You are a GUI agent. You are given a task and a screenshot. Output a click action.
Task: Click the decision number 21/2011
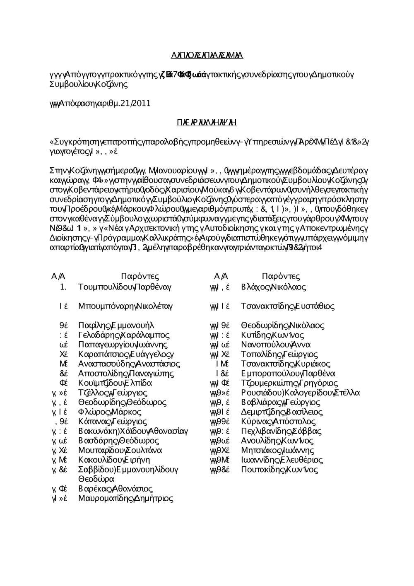[x=132, y=103]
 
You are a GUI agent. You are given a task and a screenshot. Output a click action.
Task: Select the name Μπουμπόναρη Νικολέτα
[x=125, y=306]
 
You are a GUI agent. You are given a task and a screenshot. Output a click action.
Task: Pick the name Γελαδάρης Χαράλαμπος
[x=124, y=335]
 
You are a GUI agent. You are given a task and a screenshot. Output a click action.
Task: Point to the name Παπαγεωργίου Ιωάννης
[x=123, y=344]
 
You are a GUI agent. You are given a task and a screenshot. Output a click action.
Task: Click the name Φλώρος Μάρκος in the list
[x=110, y=412]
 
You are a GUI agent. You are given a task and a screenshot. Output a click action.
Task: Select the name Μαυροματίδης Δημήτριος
[x=125, y=498]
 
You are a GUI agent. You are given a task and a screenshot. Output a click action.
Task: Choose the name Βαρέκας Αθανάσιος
[x=116, y=489]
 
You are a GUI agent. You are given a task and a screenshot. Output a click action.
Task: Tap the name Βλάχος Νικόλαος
[x=274, y=287]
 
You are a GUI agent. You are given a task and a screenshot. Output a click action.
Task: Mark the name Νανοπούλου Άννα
[x=276, y=344]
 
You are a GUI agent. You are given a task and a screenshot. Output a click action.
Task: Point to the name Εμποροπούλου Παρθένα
[x=288, y=373]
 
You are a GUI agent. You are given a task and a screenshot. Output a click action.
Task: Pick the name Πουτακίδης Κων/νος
[x=279, y=469]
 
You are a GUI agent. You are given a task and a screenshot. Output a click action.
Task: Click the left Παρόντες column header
[x=140, y=276]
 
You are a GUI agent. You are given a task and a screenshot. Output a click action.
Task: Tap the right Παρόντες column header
[x=281, y=276]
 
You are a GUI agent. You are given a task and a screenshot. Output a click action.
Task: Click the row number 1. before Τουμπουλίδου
[x=63, y=287]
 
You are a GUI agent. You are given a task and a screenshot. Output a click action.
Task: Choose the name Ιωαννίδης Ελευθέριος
[x=282, y=460]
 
